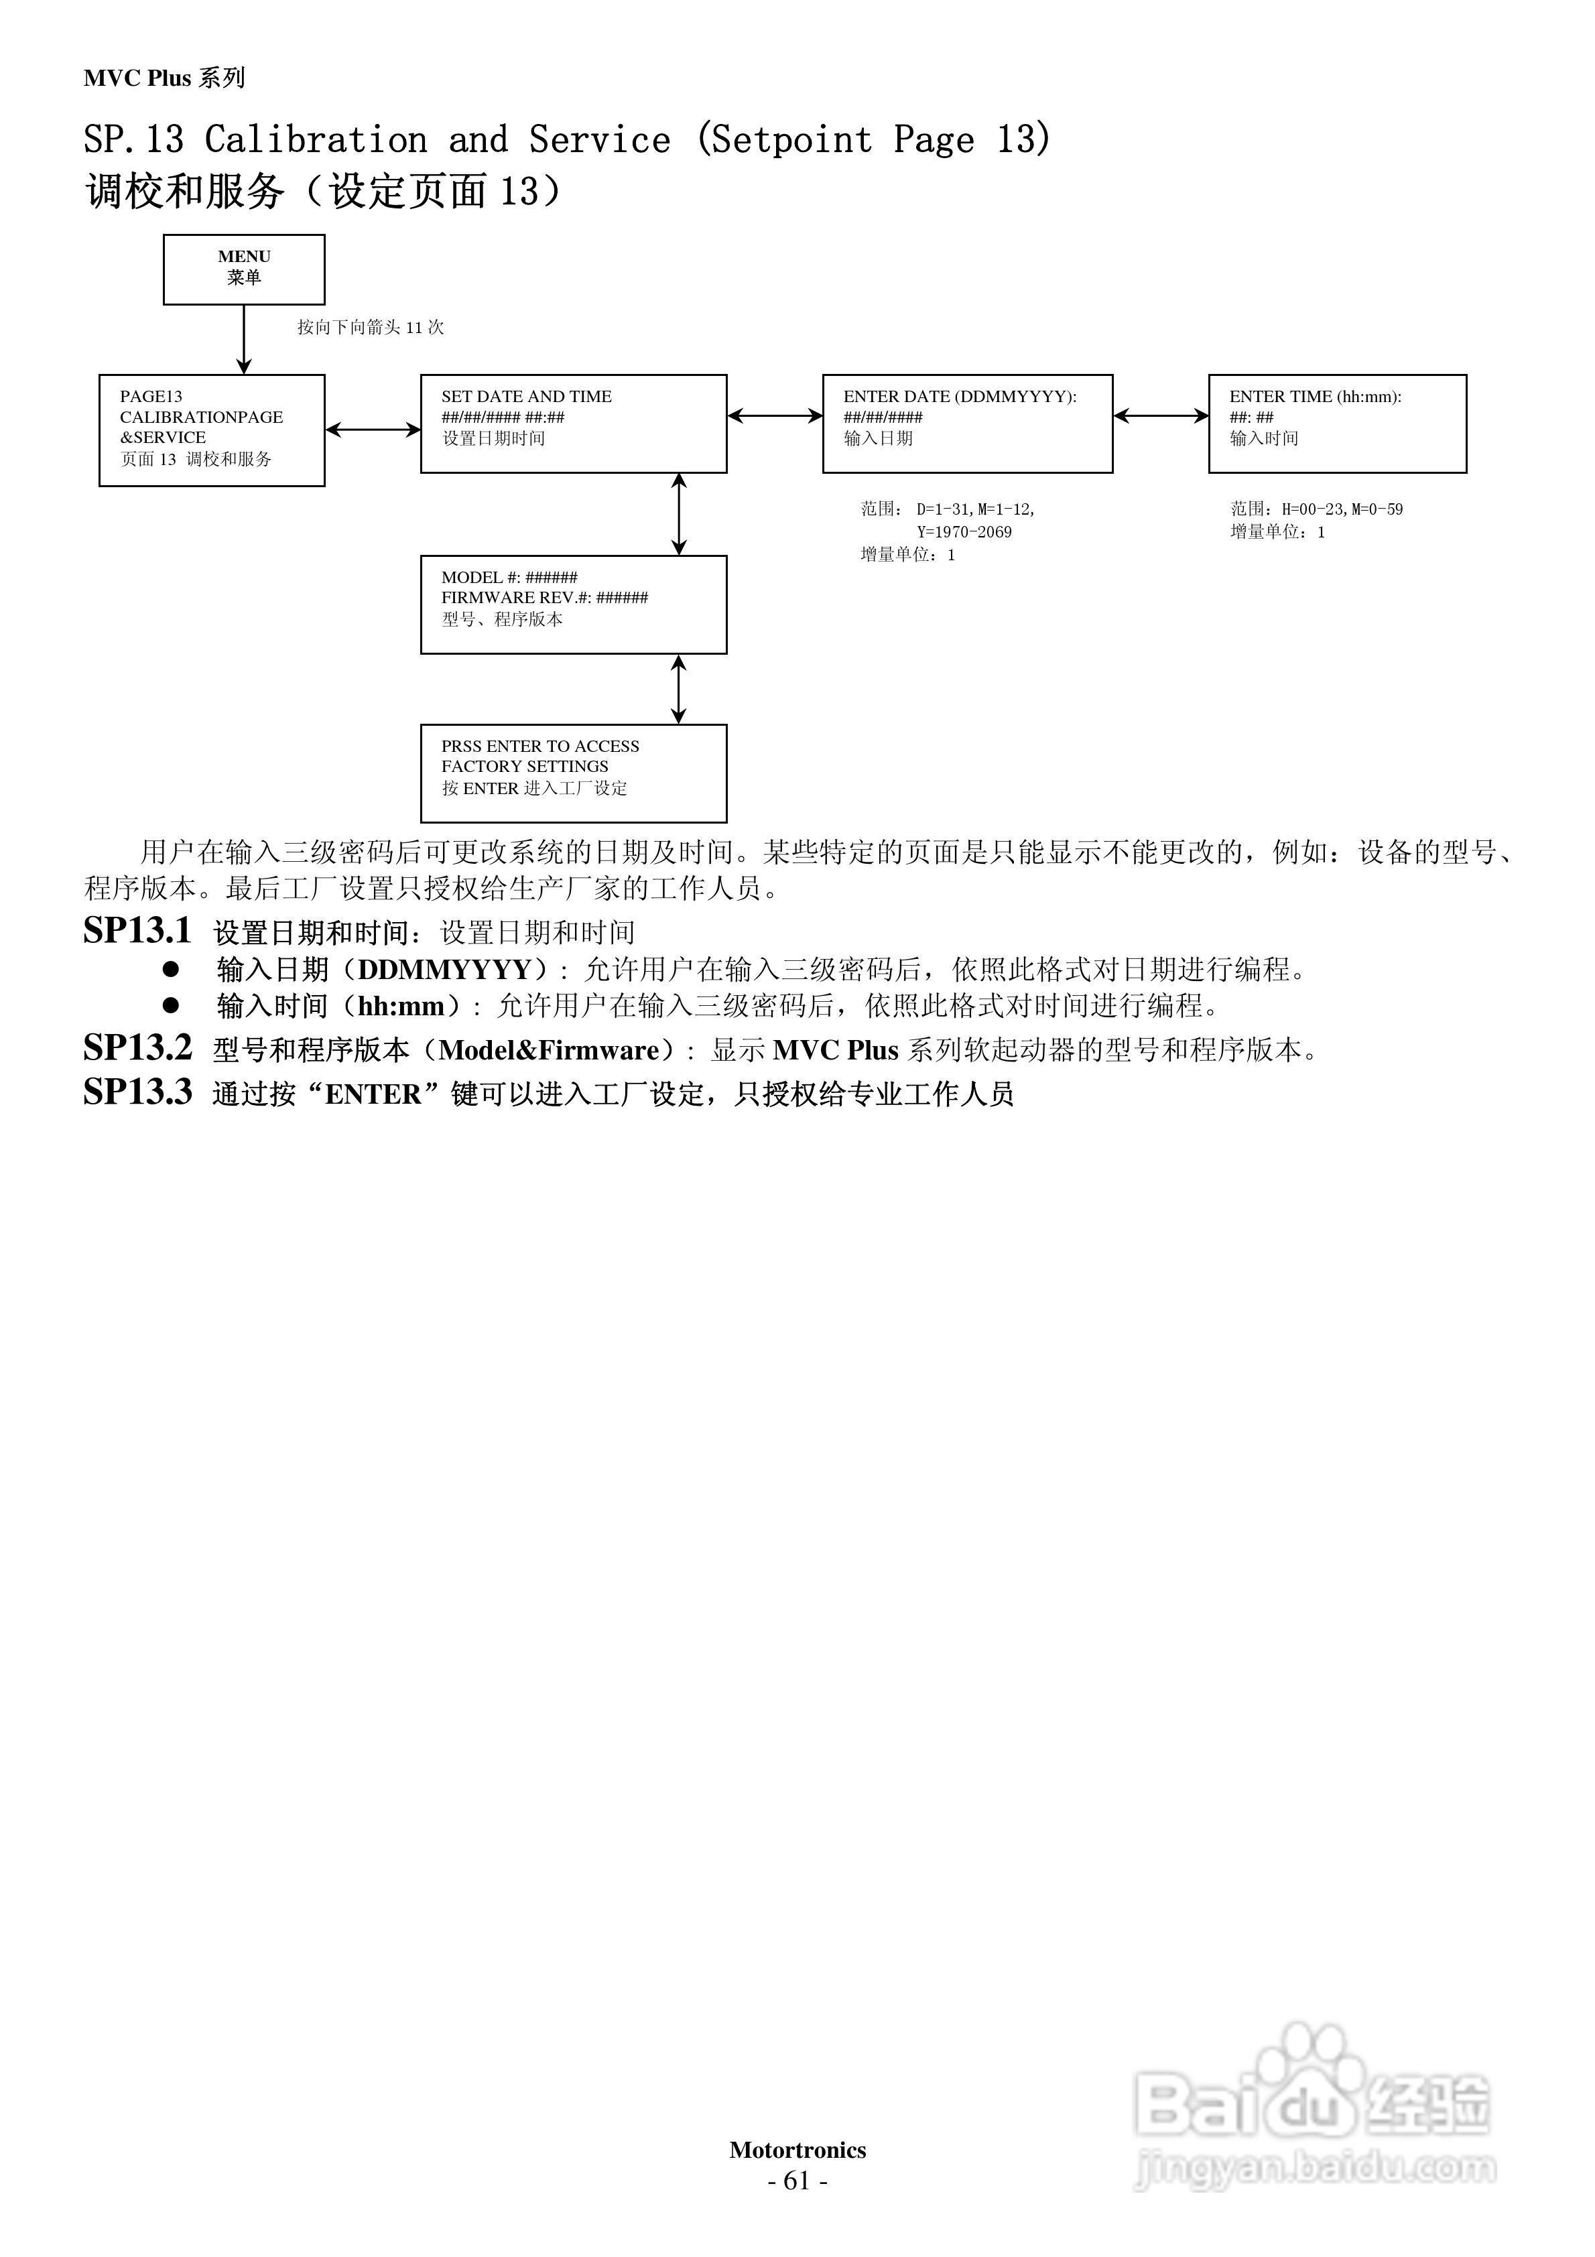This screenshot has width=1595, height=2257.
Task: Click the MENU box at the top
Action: pyautogui.click(x=244, y=269)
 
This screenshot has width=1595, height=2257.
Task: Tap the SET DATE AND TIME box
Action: pyautogui.click(x=573, y=424)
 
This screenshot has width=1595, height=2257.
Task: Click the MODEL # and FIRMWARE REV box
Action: pyautogui.click(x=573, y=604)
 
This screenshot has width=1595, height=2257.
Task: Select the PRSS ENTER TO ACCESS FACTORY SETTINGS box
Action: pyautogui.click(x=573, y=773)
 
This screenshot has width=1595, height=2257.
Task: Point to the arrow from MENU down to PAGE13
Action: pyautogui.click(x=244, y=339)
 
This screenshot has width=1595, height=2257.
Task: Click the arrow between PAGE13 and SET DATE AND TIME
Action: pyautogui.click(x=373, y=430)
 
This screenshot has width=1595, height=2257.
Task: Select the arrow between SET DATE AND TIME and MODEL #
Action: pyautogui.click(x=678, y=514)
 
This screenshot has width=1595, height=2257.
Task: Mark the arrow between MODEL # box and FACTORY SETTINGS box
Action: pyautogui.click(x=678, y=689)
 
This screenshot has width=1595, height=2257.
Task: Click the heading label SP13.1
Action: pyautogui.click(x=137, y=930)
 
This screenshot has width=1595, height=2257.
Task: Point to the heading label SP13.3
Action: pyautogui.click(x=137, y=1092)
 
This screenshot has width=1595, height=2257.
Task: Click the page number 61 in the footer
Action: pyautogui.click(x=797, y=2181)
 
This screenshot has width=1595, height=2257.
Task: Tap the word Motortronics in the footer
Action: pyautogui.click(x=797, y=2150)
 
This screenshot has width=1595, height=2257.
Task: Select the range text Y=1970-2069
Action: pyautogui.click(x=964, y=532)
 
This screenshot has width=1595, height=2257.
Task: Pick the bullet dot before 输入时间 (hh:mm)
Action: pyautogui.click(x=171, y=1005)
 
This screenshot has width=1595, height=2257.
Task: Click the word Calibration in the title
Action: pyautogui.click(x=316, y=139)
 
